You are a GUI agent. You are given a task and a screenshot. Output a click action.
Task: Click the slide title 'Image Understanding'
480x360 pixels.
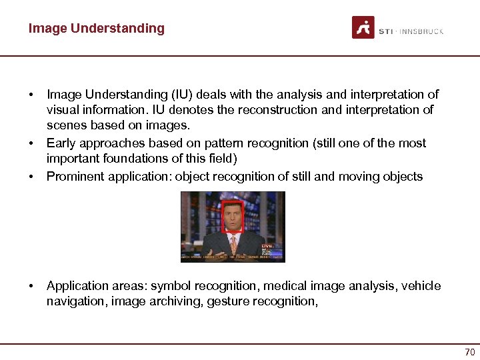point(96,28)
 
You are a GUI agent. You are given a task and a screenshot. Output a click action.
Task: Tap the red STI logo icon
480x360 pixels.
point(363,28)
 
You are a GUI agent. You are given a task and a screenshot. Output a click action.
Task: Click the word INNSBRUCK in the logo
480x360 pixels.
point(423,31)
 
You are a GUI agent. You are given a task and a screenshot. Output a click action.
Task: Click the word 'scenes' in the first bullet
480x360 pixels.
point(64,125)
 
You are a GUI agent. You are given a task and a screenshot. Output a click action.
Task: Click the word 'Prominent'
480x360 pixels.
point(73,176)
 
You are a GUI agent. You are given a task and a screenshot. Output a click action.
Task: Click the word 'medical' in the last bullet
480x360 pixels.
point(283,286)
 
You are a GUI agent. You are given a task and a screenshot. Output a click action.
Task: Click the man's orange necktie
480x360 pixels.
point(233,244)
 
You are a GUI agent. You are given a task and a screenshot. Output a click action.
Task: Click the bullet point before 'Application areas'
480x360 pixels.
point(31,286)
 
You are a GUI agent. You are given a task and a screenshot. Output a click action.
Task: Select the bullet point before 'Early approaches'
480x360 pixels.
point(31,143)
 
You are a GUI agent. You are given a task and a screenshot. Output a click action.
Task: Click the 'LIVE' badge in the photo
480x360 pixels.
point(267,246)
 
